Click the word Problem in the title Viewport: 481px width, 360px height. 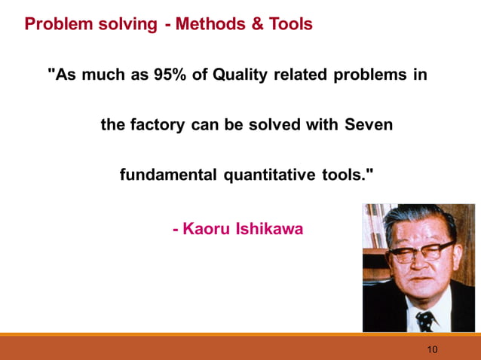57,24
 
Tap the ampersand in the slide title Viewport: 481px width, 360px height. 257,24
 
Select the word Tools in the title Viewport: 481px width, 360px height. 290,24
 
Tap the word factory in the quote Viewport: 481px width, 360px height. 158,125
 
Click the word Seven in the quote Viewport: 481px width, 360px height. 368,125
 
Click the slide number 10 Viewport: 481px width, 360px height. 432,349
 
